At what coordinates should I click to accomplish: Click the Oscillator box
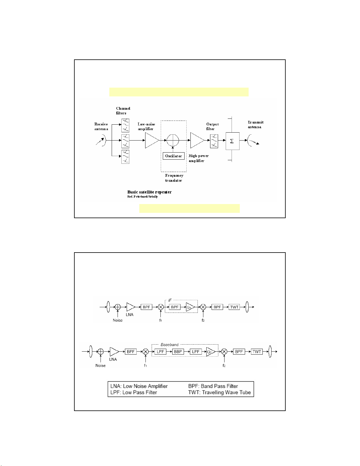pos(173,156)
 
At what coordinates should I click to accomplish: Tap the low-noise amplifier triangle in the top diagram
pos(151,141)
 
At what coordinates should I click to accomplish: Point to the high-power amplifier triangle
pos(196,140)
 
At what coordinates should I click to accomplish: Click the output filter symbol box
pos(214,141)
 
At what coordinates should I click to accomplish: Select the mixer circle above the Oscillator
pos(173,140)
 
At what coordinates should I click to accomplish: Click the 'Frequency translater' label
pos(174,178)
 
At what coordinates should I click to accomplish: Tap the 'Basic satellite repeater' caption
pos(149,192)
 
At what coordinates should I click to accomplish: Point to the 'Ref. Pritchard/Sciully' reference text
pos(143,197)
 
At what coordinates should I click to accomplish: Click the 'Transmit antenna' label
pos(255,124)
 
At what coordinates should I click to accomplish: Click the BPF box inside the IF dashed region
pos(175,307)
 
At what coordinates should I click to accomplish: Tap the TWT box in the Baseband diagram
pos(257,352)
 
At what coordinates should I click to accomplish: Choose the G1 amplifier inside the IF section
pos(190,307)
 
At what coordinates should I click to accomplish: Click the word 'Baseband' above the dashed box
pos(170,345)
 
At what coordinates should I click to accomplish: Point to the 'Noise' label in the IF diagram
pos(118,320)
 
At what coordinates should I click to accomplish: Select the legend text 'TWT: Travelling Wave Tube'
pos(220,392)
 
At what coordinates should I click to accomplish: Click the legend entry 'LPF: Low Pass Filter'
pos(134,392)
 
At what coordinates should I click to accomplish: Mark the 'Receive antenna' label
pos(101,126)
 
